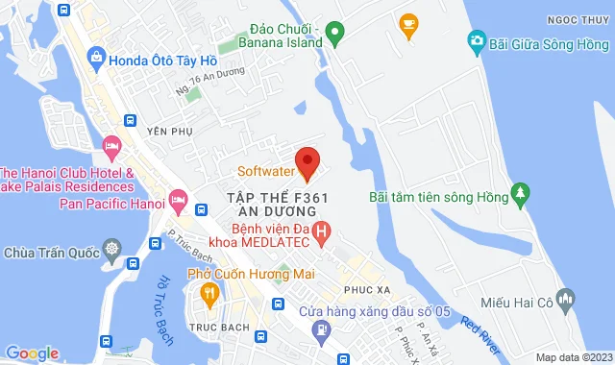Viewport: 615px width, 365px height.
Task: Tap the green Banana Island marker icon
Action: [x=334, y=35]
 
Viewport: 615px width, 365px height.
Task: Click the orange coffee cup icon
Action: [x=408, y=21]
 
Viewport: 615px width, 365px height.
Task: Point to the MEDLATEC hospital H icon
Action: [x=322, y=231]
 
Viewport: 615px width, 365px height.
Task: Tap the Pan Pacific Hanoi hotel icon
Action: [x=178, y=199]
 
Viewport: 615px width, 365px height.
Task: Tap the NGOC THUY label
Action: [x=583, y=19]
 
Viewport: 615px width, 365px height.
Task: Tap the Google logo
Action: [x=31, y=353]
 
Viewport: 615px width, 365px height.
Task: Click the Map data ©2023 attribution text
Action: [x=573, y=357]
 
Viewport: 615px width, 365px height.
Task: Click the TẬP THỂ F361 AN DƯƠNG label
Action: [x=283, y=204]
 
